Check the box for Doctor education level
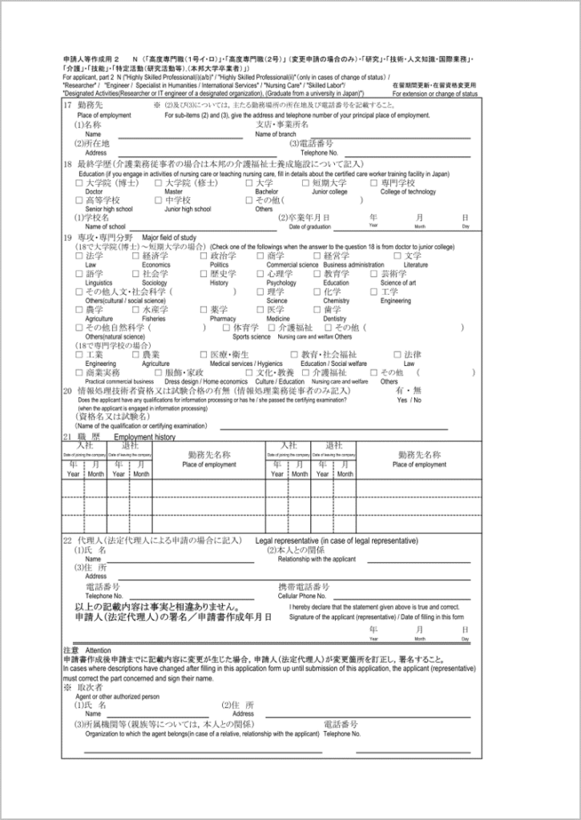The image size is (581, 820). click(x=79, y=183)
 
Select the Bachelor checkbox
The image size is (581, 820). click(x=249, y=183)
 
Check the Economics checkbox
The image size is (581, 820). click(x=135, y=255)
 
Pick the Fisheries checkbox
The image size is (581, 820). click(x=135, y=309)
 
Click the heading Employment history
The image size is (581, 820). click(x=144, y=438)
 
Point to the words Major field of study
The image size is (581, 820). click(x=169, y=238)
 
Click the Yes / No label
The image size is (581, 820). click(x=409, y=400)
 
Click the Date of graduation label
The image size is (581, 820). click(x=299, y=227)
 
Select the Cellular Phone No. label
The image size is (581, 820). click(x=302, y=597)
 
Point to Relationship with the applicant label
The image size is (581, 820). click(x=317, y=559)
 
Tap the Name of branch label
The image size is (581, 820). click(x=276, y=134)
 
